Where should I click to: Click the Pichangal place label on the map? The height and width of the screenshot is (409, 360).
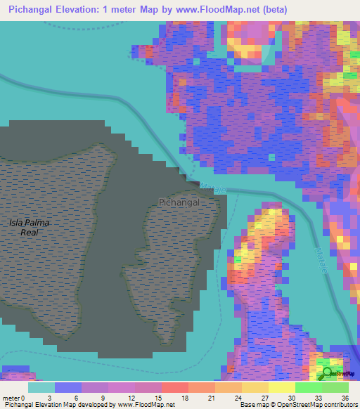pyautogui.click(x=179, y=202)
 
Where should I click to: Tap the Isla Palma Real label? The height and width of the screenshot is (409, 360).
pyautogui.click(x=30, y=227)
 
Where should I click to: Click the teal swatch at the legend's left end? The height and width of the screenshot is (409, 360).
pyautogui.click(x=41, y=387)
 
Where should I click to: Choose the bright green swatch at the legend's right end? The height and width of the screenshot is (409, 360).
pyautogui.click(x=335, y=387)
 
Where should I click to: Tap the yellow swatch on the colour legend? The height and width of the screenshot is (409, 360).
pyautogui.click(x=281, y=387)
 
